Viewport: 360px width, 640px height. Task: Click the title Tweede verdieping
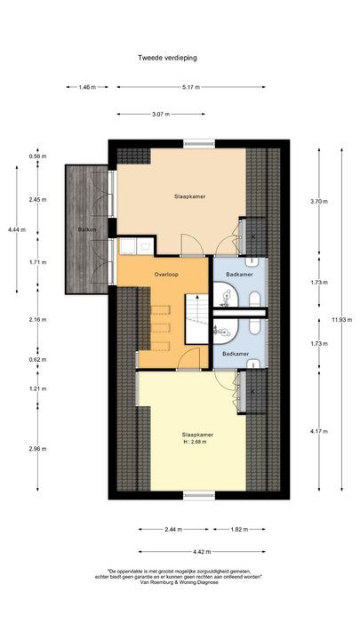coord(167,57)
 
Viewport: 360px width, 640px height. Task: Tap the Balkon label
coord(87,229)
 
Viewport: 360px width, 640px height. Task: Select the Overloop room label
coord(166,274)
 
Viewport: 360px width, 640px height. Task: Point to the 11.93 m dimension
coord(335,319)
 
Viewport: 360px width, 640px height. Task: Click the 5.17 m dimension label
coord(190,87)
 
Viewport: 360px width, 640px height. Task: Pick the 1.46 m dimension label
coord(86,87)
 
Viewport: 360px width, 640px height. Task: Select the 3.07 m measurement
coord(161,114)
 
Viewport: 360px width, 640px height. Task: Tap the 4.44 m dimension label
coord(17,229)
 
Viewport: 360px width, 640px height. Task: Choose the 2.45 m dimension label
coord(37,199)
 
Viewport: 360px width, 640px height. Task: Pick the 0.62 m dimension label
coord(37,360)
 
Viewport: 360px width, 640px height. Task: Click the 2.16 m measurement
coord(37,319)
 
